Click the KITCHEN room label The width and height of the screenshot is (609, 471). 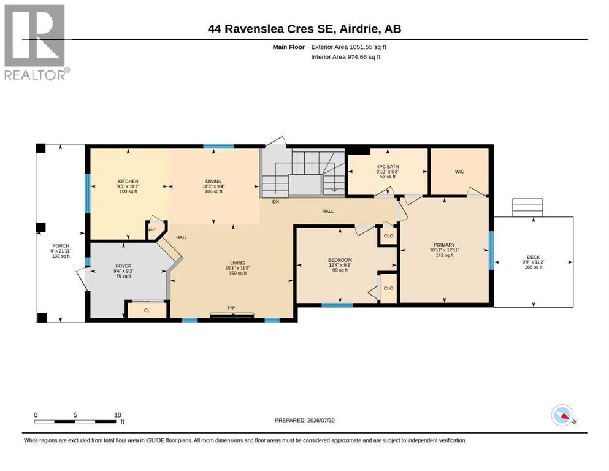pyautogui.click(x=128, y=182)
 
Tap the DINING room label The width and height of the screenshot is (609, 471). pyautogui.click(x=213, y=182)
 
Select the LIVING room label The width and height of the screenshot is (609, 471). pyautogui.click(x=237, y=263)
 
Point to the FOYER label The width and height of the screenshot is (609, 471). pyautogui.click(x=123, y=266)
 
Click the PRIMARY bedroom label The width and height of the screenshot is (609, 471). pyautogui.click(x=444, y=245)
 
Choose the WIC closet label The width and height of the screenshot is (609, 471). pyautogui.click(x=459, y=172)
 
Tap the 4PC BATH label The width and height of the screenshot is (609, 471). pyautogui.click(x=388, y=167)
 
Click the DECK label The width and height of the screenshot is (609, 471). pyautogui.click(x=534, y=257)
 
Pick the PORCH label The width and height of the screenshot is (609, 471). pyautogui.click(x=61, y=246)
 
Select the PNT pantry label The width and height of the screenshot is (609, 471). pyautogui.click(x=152, y=230)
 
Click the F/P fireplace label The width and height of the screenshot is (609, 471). pyautogui.click(x=231, y=308)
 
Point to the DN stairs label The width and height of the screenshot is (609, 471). pyautogui.click(x=275, y=202)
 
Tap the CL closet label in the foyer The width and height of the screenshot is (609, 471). pyautogui.click(x=147, y=310)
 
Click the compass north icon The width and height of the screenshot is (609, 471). pyautogui.click(x=562, y=415)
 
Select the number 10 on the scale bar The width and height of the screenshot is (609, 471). pyautogui.click(x=118, y=415)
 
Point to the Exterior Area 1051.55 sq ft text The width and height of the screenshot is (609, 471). pyautogui.click(x=348, y=47)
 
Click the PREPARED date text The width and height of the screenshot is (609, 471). pyautogui.click(x=304, y=420)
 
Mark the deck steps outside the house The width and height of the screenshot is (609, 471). pyautogui.click(x=527, y=208)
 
